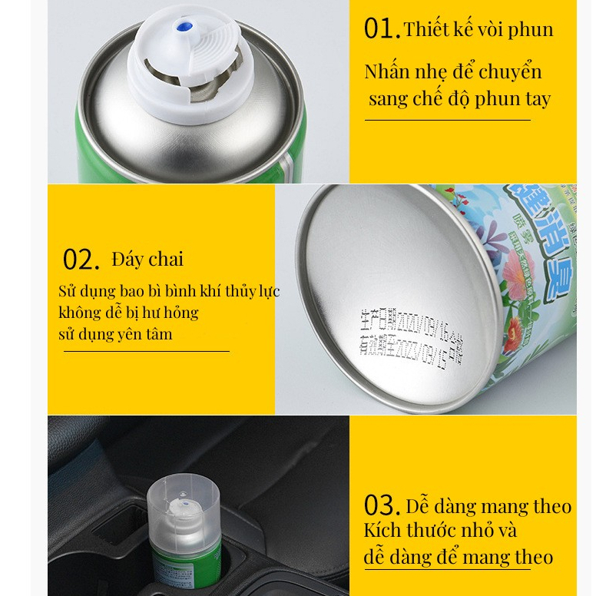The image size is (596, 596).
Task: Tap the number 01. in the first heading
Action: click(382, 29)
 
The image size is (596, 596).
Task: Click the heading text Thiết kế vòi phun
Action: click(478, 30)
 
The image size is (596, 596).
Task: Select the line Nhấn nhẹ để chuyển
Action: click(453, 72)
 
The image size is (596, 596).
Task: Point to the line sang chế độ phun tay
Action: click(459, 99)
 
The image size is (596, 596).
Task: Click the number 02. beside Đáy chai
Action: click(81, 260)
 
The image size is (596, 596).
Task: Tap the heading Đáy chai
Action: click(147, 259)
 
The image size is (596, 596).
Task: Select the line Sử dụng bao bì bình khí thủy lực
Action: click(169, 292)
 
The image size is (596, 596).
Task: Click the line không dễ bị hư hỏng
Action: click(128, 313)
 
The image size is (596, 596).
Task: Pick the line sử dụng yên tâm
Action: click(115, 334)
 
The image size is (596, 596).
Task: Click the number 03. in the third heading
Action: click(382, 507)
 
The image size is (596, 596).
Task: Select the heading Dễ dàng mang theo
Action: click(488, 507)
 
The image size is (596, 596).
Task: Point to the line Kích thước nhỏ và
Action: click(440, 531)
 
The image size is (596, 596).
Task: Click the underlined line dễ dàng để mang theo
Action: click(458, 557)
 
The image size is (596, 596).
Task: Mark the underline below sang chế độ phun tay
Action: click(447, 120)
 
